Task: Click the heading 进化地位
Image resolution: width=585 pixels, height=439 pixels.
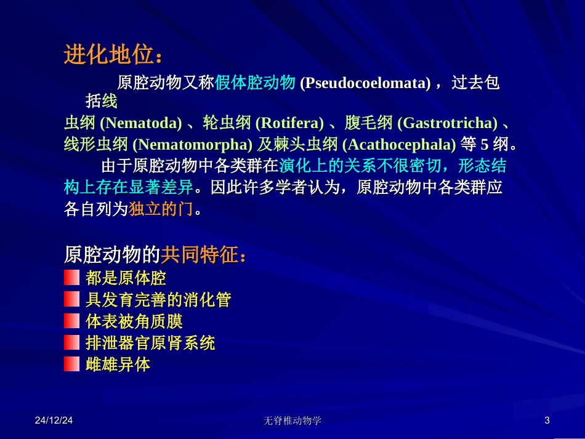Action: tap(109, 56)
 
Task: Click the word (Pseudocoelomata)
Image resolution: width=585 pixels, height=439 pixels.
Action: tap(365, 83)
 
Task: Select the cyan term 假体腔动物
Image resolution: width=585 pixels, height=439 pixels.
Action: tap(256, 83)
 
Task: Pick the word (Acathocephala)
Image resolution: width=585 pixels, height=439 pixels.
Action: tap(399, 145)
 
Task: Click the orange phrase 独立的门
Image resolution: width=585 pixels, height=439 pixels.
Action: tap(161, 209)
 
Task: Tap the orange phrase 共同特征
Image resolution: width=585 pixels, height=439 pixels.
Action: tap(200, 254)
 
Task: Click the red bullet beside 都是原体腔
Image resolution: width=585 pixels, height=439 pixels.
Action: tap(72, 278)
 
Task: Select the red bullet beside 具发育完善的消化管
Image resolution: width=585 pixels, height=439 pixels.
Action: tap(72, 300)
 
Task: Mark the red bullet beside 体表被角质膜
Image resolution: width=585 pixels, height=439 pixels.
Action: tap(72, 321)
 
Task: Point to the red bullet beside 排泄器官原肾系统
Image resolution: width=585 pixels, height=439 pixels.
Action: tap(72, 343)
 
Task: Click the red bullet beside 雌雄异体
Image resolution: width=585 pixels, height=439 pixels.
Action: tap(72, 364)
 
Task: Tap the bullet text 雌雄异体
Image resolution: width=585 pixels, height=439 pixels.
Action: tap(118, 364)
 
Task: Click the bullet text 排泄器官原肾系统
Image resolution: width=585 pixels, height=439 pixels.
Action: tap(150, 343)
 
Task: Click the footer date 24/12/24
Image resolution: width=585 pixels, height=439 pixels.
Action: tap(54, 421)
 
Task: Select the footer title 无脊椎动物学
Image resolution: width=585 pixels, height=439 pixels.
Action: tap(292, 421)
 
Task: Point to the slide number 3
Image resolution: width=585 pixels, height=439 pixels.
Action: tap(547, 421)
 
